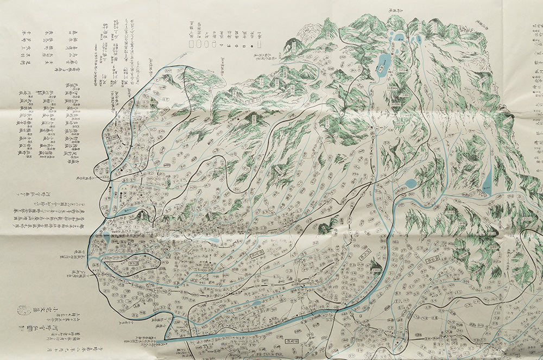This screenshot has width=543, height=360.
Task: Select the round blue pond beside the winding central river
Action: (411, 183)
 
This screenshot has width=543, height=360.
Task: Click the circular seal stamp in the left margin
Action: (22, 310)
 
